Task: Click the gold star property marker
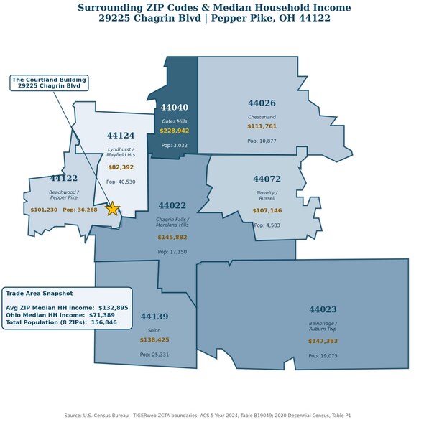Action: click(112, 209)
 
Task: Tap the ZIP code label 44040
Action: click(175, 107)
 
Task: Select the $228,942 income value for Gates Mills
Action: click(175, 131)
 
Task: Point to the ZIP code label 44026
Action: click(262, 103)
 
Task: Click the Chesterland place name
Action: click(262, 117)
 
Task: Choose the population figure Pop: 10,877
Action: click(262, 141)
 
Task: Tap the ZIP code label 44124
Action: click(121, 136)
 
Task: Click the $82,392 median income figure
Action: click(121, 167)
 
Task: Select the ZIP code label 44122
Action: click(64, 178)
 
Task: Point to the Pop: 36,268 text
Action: click(80, 210)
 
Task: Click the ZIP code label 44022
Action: click(172, 205)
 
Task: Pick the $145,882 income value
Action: click(172, 238)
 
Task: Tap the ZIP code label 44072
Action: click(267, 179)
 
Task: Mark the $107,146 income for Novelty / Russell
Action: click(267, 210)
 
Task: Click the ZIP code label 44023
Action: click(323, 309)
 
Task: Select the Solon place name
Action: click(154, 330)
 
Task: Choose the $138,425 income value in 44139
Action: click(154, 339)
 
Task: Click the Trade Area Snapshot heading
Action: click(40, 294)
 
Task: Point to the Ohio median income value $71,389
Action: click(102, 315)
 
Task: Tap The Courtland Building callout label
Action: click(49, 83)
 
